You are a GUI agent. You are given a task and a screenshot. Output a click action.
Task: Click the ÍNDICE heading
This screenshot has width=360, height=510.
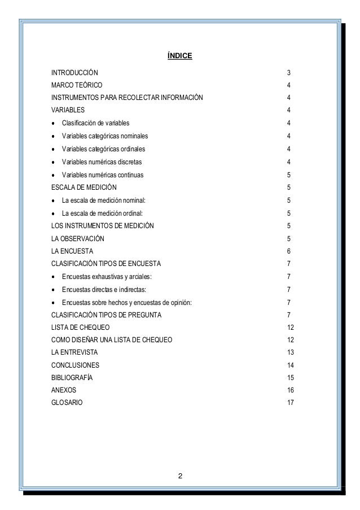181,56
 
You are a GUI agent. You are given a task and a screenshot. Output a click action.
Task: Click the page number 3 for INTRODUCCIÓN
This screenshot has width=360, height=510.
289,73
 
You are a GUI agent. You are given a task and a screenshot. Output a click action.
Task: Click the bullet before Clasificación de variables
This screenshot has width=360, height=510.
53,123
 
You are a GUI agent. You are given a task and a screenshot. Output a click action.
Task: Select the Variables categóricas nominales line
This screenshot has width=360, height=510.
106,136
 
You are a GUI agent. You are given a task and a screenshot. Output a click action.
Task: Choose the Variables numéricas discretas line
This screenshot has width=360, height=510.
102,162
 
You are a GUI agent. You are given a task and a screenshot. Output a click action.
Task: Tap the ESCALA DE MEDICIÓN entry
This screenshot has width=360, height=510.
85,188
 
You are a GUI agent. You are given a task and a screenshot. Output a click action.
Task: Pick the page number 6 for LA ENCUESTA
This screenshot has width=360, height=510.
289,251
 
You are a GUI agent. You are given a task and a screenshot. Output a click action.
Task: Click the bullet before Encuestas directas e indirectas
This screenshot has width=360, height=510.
53,290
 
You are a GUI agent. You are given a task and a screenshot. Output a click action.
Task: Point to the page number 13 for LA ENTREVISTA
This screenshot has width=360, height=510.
291,352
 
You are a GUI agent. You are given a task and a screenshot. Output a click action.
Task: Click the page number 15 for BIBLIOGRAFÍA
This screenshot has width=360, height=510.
291,378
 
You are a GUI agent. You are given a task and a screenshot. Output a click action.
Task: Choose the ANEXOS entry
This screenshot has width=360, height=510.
64,391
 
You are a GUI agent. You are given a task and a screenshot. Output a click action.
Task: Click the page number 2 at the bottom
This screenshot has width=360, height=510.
180,480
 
